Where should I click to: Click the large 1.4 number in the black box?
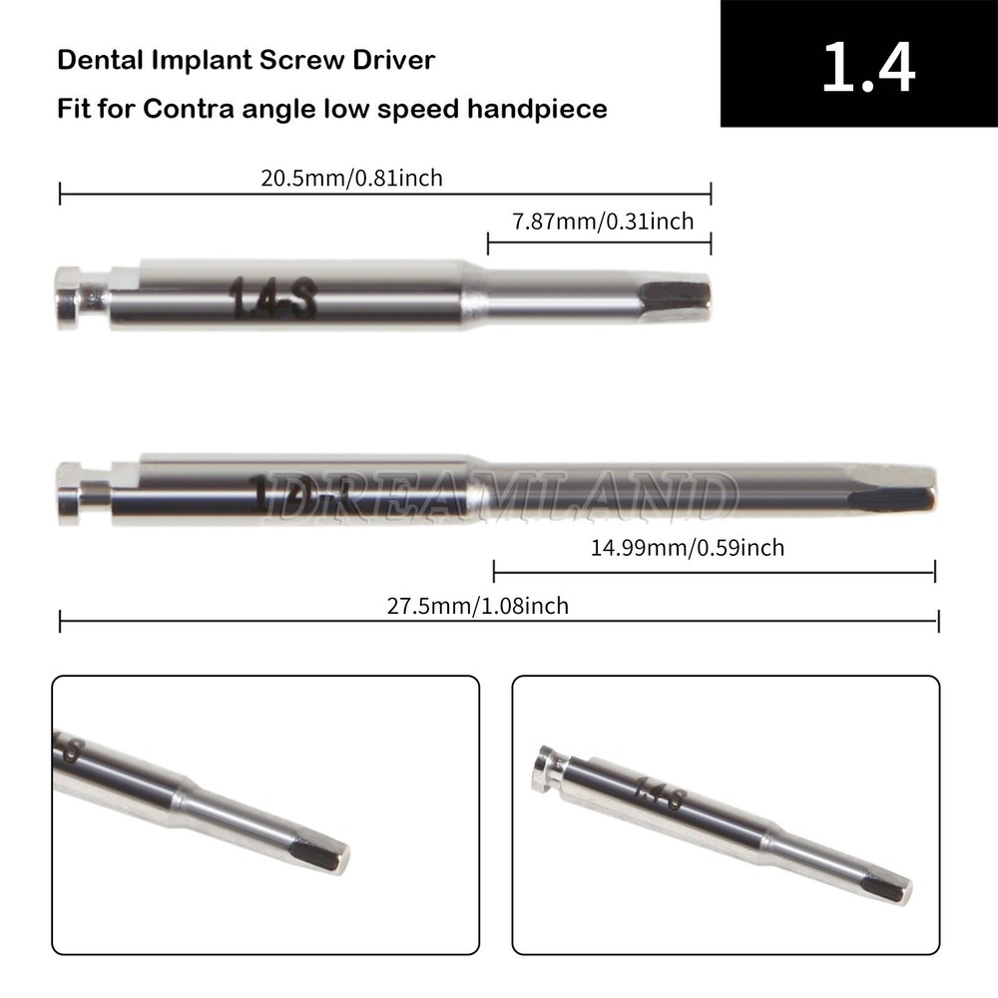[867, 65]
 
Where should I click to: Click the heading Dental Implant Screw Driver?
[246, 60]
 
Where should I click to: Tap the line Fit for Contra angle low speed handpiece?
[331, 108]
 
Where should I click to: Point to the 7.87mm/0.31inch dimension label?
[603, 222]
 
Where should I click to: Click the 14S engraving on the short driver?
[272, 296]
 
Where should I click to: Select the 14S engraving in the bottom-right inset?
[660, 795]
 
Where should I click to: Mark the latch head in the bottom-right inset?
[549, 768]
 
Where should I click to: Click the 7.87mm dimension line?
[599, 242]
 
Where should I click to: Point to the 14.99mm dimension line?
[714, 572]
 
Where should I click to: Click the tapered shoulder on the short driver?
[473, 294]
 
